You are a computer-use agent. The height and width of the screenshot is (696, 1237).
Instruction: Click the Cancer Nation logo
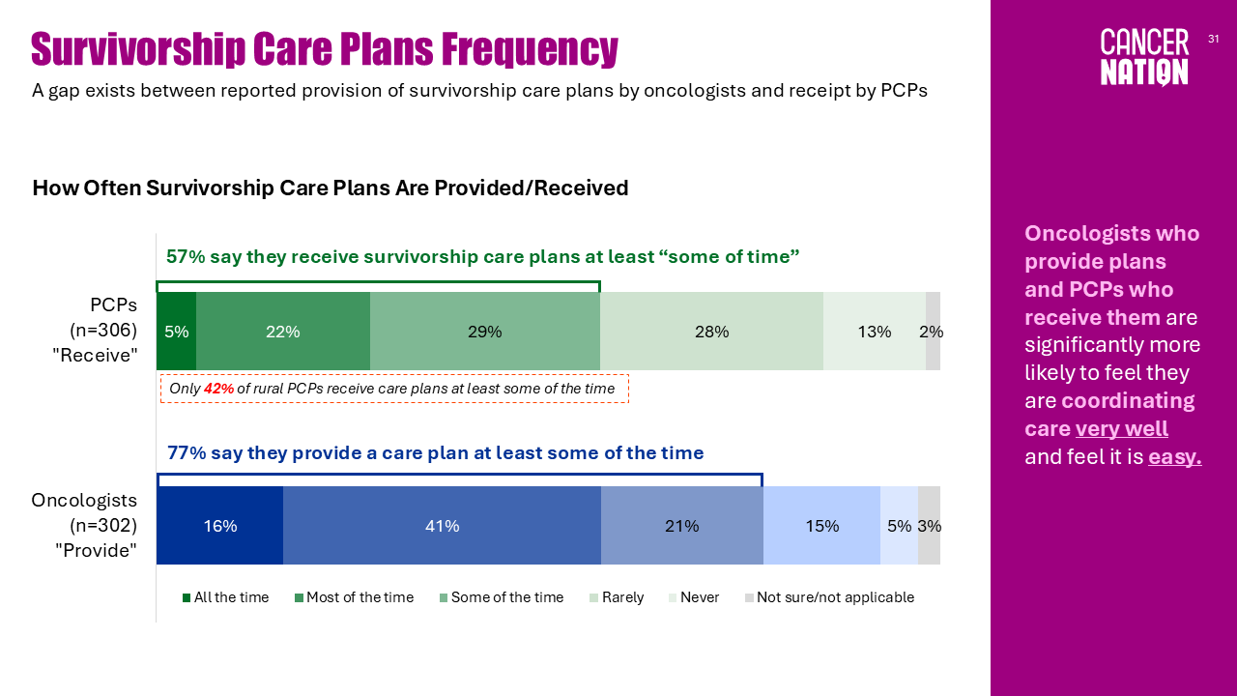point(1143,57)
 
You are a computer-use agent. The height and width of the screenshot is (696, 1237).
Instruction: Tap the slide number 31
point(1213,39)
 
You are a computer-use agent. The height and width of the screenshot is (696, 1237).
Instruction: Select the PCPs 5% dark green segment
point(176,331)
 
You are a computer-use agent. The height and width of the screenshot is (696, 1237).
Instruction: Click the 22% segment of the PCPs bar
point(283,331)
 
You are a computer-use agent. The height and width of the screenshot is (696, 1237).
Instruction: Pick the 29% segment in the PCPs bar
point(485,331)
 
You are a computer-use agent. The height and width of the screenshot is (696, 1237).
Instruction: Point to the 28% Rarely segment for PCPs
point(712,331)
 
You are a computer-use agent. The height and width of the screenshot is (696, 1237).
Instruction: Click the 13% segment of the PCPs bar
point(875,331)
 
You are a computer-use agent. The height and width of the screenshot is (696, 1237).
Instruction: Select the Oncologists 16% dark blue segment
point(219,525)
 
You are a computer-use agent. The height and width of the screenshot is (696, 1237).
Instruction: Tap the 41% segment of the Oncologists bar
point(442,525)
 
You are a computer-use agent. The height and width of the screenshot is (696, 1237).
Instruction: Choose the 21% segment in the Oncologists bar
point(682,525)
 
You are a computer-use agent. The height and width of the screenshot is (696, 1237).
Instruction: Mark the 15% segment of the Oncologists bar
point(821,525)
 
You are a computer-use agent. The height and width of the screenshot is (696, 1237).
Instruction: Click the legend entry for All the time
point(225,597)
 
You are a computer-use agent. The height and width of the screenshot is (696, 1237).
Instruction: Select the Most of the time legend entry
point(354,597)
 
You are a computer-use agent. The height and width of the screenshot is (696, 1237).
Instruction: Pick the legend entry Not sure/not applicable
point(829,597)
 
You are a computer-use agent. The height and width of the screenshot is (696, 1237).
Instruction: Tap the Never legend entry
point(694,597)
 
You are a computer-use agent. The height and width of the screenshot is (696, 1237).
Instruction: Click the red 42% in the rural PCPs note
point(218,389)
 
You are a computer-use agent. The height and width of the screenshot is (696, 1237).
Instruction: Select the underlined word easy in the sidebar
point(1174,457)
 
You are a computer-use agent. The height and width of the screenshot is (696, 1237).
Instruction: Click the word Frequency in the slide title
point(531,48)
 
